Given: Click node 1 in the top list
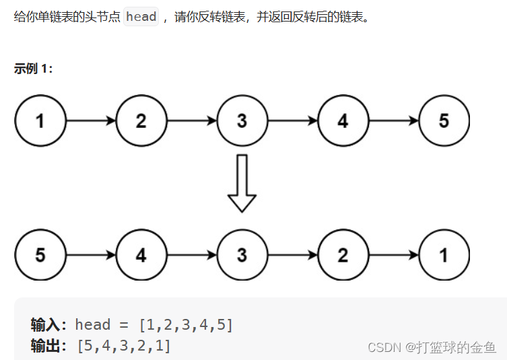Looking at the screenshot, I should click(x=40, y=121).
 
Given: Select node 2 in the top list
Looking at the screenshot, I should click(x=141, y=121).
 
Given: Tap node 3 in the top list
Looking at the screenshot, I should click(x=242, y=121).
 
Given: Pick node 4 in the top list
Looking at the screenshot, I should click(x=343, y=121).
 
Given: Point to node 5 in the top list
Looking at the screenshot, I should click(x=444, y=121).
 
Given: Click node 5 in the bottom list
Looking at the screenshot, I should click(x=40, y=256).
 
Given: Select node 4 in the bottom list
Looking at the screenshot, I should click(x=141, y=256).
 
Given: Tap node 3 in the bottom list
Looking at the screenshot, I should click(x=242, y=256).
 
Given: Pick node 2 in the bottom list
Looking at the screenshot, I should click(x=343, y=256).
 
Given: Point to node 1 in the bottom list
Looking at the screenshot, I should click(x=444, y=256).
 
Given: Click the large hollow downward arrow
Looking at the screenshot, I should click(x=242, y=183).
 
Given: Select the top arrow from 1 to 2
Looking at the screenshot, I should click(x=91, y=121).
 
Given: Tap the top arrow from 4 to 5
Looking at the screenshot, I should click(x=394, y=121).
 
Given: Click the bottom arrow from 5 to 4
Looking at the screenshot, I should click(x=91, y=256).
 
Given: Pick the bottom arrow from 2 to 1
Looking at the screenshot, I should click(x=394, y=256).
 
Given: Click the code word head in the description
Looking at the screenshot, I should click(x=141, y=17).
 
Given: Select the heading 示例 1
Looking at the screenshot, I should click(x=33, y=69).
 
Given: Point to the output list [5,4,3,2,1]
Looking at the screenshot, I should click(x=124, y=346).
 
